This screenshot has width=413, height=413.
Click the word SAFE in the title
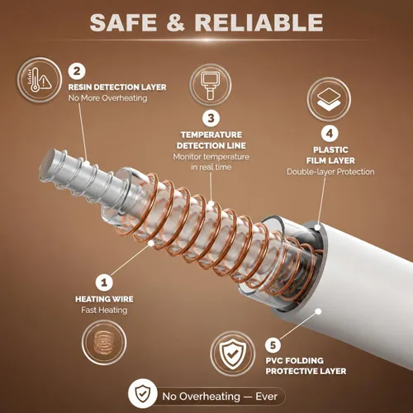pos(123,22)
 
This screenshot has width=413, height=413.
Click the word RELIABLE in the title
pos(259,22)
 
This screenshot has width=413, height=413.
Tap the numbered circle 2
pos(77,71)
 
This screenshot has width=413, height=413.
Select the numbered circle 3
pos(211,118)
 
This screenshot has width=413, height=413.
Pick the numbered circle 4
pos(330,133)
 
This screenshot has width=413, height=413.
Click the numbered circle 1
pos(104,282)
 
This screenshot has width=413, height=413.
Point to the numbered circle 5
pos(273,345)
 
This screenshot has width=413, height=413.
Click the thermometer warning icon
pos(40,80)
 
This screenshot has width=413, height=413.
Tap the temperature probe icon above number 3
pos(211,85)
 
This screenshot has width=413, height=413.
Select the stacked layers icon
pos(329,99)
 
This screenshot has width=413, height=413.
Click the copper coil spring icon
pos(104,343)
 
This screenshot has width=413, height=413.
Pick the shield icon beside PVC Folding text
pos(233,354)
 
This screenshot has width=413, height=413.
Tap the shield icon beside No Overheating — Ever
pos(143,393)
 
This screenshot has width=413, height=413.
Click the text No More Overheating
pos(107,98)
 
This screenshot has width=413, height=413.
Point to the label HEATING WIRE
pos(104,299)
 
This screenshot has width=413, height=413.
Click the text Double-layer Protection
pos(330,172)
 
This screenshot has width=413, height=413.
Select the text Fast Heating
pos(104,311)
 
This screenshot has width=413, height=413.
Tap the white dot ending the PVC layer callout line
pos(318,311)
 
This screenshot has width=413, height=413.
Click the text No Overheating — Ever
pos(220,396)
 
